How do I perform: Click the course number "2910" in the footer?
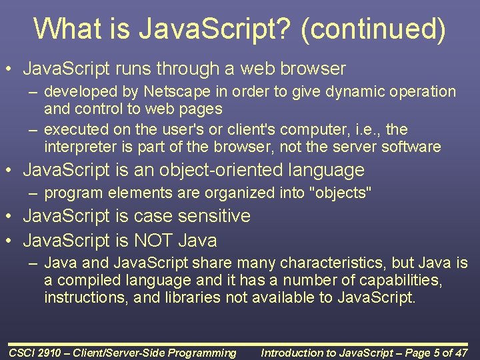(57, 353)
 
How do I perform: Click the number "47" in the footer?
(463, 353)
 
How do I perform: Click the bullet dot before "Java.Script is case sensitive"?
(11, 217)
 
